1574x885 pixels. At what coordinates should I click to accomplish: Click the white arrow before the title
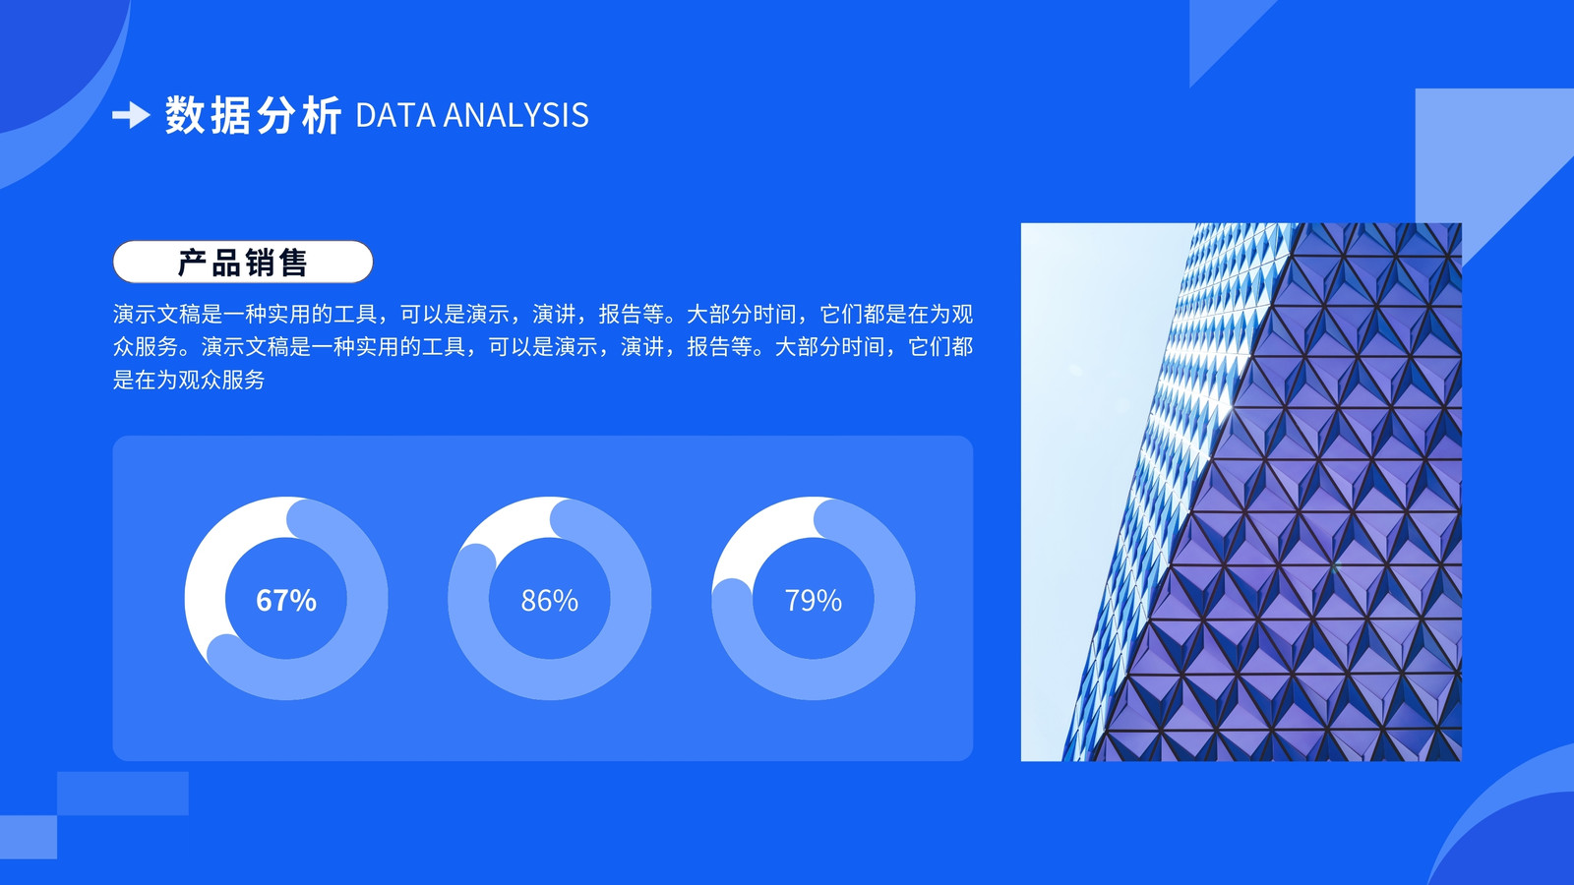tap(131, 114)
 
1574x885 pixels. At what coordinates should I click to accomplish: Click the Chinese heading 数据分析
tap(253, 115)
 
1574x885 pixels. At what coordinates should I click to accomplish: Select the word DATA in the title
tap(395, 115)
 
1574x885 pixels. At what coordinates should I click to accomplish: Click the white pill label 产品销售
tap(242, 262)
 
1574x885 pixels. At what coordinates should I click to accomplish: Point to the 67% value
tap(286, 601)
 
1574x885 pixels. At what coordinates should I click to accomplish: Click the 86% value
tap(550, 601)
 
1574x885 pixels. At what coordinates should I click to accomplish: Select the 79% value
tap(813, 601)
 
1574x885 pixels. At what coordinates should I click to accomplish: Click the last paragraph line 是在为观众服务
tap(188, 380)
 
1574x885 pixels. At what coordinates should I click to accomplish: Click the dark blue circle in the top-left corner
tap(49, 49)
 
